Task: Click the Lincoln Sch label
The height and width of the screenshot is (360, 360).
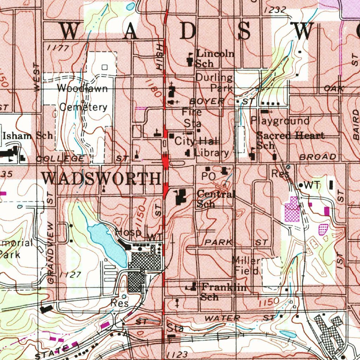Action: tap(215, 58)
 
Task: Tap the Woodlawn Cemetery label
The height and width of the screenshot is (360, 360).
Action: tap(83, 97)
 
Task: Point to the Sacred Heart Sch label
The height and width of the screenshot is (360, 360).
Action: tap(290, 140)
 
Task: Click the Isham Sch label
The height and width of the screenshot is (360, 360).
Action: tap(28, 135)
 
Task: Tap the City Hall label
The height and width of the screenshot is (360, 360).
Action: tap(197, 141)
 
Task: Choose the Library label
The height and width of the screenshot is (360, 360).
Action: tap(211, 153)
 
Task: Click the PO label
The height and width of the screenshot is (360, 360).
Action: tap(208, 176)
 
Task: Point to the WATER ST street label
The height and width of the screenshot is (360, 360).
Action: tap(239, 318)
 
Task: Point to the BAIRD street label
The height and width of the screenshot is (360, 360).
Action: tap(355, 124)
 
